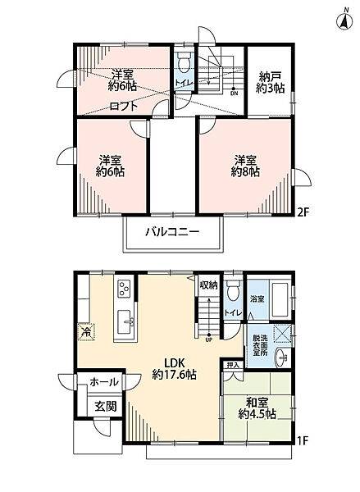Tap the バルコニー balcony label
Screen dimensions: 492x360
click(x=172, y=232)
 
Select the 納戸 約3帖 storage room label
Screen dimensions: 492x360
click(x=270, y=82)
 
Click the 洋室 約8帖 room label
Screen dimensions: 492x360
click(x=245, y=166)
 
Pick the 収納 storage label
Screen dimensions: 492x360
click(x=208, y=285)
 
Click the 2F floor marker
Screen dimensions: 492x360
click(x=303, y=212)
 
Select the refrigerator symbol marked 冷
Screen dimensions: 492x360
click(x=85, y=332)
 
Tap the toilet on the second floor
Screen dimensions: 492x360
click(x=183, y=64)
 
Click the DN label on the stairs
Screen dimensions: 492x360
click(x=235, y=93)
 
